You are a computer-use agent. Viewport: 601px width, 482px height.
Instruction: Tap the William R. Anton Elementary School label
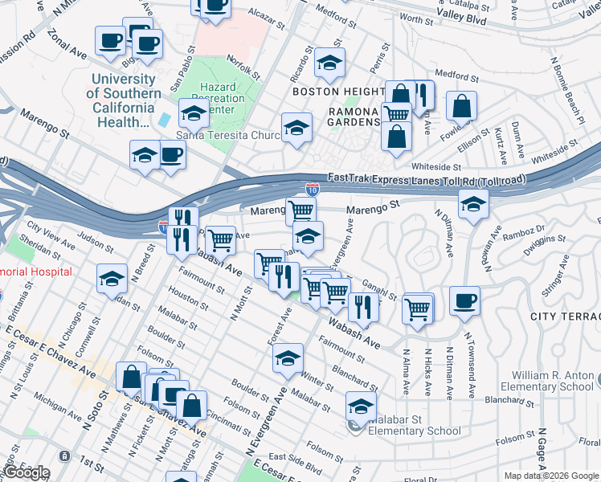[553, 382]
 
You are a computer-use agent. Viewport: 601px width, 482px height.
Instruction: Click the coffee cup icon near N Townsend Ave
[464, 301]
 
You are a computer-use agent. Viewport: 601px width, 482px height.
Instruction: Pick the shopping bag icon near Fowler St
[462, 105]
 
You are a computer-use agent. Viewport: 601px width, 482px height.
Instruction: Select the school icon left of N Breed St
[111, 278]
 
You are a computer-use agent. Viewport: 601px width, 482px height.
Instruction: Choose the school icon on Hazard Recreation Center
[194, 114]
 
